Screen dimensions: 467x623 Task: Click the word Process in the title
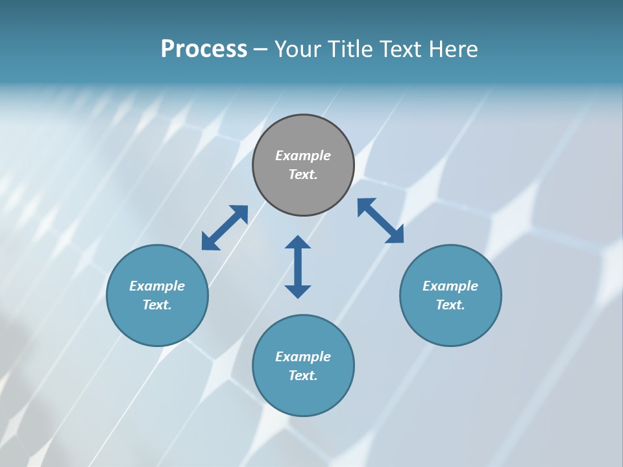pyautogui.click(x=204, y=49)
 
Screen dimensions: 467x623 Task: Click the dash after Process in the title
pyautogui.click(x=260, y=50)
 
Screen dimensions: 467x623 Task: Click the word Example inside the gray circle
pyautogui.click(x=303, y=156)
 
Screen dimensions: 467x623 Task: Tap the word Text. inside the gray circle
pyautogui.click(x=303, y=174)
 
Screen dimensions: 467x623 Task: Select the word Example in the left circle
pyautogui.click(x=157, y=286)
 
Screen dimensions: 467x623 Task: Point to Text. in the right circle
pyautogui.click(x=450, y=305)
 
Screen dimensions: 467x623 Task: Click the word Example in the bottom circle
pyautogui.click(x=303, y=357)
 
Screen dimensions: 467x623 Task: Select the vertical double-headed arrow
pyautogui.click(x=298, y=267)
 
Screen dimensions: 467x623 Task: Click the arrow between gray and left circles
pyautogui.click(x=225, y=228)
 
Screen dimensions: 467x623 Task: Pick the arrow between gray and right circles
pyautogui.click(x=380, y=221)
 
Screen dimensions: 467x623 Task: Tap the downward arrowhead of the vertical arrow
pyautogui.click(x=298, y=291)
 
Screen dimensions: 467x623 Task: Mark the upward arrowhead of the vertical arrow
pyautogui.click(x=298, y=243)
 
